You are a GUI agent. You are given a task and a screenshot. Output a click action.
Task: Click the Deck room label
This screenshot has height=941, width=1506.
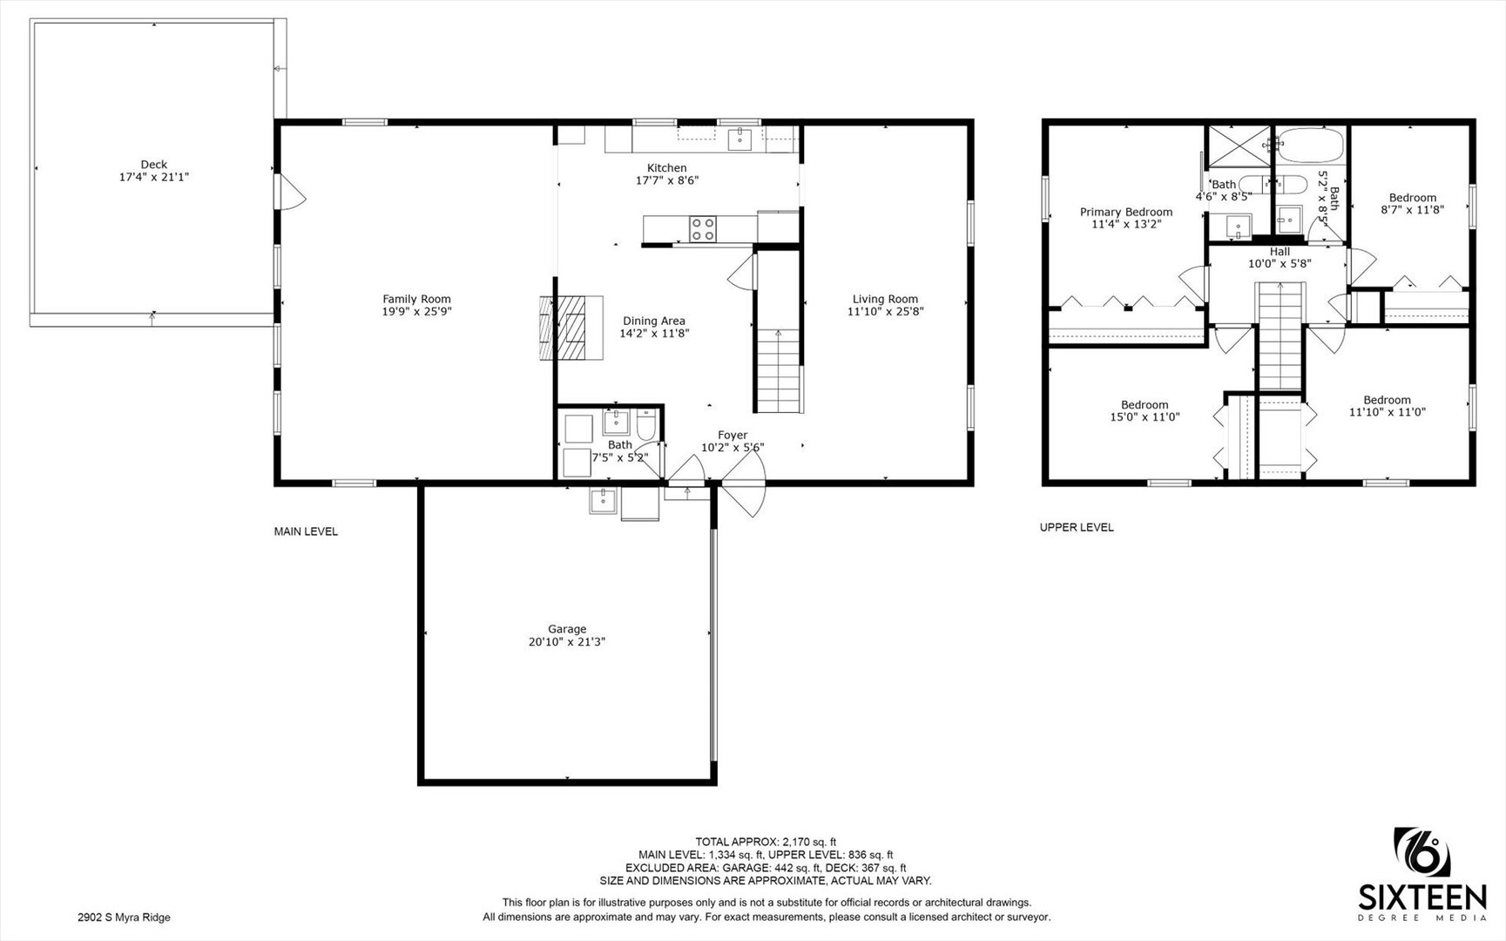coord(154,164)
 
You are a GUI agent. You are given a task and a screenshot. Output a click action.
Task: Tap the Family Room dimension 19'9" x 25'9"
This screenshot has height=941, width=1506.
coord(417,311)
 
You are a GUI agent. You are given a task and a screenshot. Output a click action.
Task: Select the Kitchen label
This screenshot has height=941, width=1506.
coord(666,168)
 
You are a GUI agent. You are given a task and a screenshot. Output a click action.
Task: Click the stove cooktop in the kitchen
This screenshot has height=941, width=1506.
coord(703,229)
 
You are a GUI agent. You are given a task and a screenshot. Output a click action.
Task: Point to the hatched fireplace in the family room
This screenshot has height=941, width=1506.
coord(571,328)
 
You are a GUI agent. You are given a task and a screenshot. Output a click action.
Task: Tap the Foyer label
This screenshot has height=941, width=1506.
coord(733,435)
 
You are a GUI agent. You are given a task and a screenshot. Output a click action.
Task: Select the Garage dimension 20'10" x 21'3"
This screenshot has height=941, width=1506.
coord(567,641)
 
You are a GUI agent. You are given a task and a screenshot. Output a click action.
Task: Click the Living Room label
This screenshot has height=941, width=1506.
coord(885,299)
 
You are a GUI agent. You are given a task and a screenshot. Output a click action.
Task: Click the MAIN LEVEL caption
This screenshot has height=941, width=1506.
coord(306,531)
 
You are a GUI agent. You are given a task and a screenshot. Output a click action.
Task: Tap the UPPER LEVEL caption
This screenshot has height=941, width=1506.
coord(1077,527)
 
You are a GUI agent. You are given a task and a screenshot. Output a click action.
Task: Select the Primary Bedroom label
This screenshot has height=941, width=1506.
coord(1126,212)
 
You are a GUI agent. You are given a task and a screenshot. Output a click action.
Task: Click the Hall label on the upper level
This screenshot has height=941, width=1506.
coord(1280,252)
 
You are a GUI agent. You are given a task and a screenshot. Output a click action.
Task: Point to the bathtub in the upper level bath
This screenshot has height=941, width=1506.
coord(1309,144)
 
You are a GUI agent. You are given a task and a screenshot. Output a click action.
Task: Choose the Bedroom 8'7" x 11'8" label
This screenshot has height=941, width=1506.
coord(1413,198)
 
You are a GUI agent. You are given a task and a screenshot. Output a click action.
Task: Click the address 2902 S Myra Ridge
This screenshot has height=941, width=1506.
coord(124,917)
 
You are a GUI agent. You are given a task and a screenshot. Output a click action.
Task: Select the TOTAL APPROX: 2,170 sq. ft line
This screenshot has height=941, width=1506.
coord(766,842)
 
